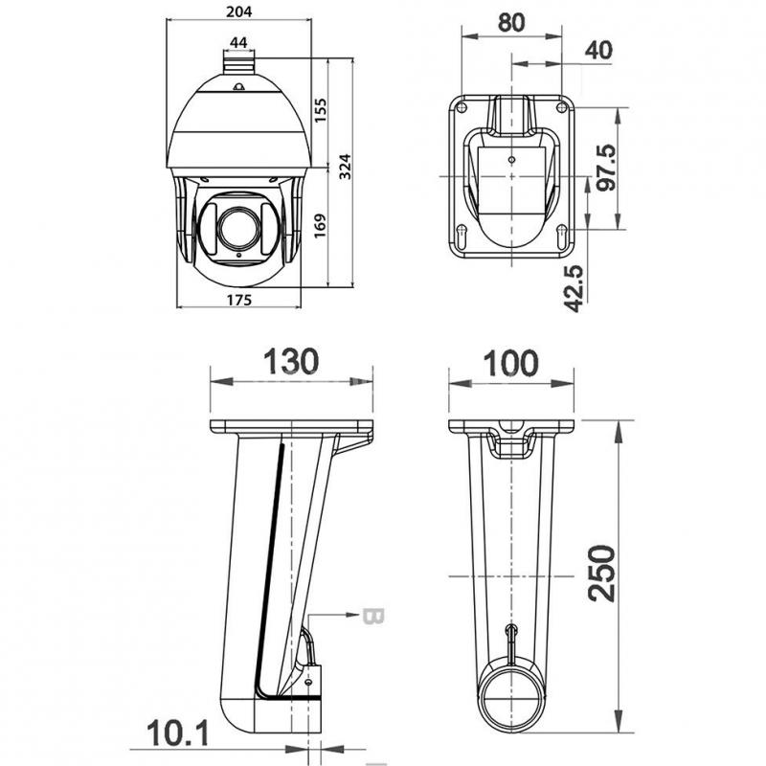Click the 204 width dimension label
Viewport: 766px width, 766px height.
pyautogui.click(x=238, y=11)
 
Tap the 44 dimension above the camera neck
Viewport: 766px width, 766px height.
pyautogui.click(x=238, y=43)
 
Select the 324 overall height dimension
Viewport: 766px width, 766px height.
pyautogui.click(x=345, y=167)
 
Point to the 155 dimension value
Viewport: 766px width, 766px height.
pyautogui.click(x=321, y=110)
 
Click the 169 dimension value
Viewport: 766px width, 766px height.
pyautogui.click(x=320, y=226)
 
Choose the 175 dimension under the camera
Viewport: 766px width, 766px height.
pyautogui.click(x=239, y=300)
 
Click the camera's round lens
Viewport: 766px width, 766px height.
pyautogui.click(x=238, y=228)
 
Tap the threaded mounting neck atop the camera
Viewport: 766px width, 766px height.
pyautogui.click(x=238, y=63)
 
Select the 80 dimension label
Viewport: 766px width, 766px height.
pyautogui.click(x=511, y=22)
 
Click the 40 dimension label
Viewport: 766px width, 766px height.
pyautogui.click(x=598, y=50)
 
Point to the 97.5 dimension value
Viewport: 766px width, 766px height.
pyautogui.click(x=606, y=168)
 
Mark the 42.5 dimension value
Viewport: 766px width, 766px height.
pyautogui.click(x=574, y=289)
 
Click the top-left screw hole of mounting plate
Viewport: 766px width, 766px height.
pyautogui.click(x=462, y=106)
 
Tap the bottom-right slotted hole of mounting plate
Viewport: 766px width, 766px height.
pyautogui.click(x=562, y=235)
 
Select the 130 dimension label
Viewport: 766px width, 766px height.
pyautogui.click(x=291, y=362)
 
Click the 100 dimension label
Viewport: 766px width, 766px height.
pyautogui.click(x=511, y=364)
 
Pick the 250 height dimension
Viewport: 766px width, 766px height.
pyautogui.click(x=601, y=574)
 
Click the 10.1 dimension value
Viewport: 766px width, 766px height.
pyautogui.click(x=178, y=733)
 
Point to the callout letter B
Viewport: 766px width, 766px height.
pyautogui.click(x=374, y=617)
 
